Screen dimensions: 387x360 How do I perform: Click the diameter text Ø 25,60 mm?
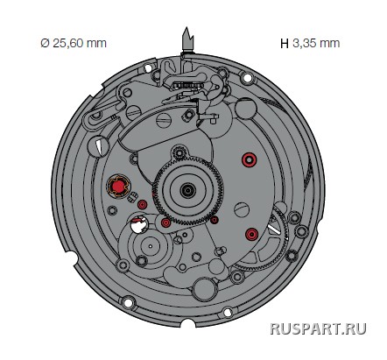pyautogui.click(x=74, y=43)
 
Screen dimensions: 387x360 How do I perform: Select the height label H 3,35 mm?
pyautogui.click(x=310, y=43)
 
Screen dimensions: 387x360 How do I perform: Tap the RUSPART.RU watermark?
pyautogui.click(x=318, y=328)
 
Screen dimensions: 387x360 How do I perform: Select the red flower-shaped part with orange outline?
pyautogui.click(x=118, y=186)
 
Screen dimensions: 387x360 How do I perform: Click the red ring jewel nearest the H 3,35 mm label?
pyautogui.click(x=250, y=159)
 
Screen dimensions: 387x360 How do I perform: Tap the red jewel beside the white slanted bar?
pyautogui.click(x=252, y=234)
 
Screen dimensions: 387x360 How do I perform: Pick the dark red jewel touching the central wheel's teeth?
pyautogui.click(x=215, y=220)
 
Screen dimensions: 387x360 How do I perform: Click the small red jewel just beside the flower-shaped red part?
pyautogui.click(x=143, y=205)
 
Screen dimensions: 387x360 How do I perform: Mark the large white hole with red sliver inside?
pyautogui.click(x=139, y=224)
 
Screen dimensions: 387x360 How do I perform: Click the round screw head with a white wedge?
pyautogui.click(x=99, y=146)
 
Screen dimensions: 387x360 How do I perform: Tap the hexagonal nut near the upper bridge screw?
pyautogui.click(x=188, y=115)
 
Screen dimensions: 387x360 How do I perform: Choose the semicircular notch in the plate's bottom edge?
pyautogui.click(x=187, y=323)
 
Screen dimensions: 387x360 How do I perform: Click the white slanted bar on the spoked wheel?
pyautogui.click(x=275, y=229)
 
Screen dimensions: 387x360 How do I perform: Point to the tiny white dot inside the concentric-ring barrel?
pyautogui.click(x=151, y=246)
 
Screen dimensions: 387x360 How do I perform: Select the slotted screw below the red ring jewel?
pyautogui.click(x=242, y=209)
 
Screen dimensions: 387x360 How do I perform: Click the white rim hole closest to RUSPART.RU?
pyautogui.click(x=228, y=313)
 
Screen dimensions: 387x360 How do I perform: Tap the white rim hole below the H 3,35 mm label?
pyautogui.click(x=247, y=78)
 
